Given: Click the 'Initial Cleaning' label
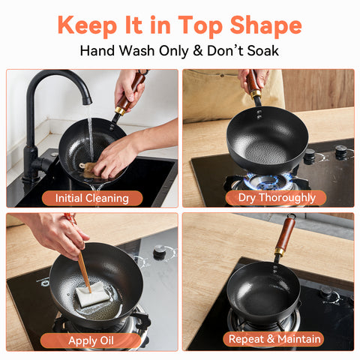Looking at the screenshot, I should tap(91, 198).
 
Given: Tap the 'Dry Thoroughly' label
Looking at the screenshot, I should tap(277, 198).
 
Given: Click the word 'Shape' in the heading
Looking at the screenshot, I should tap(262, 25).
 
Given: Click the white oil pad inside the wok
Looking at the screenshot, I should tap(92, 296).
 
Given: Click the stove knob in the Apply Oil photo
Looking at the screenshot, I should tap(159, 253).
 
